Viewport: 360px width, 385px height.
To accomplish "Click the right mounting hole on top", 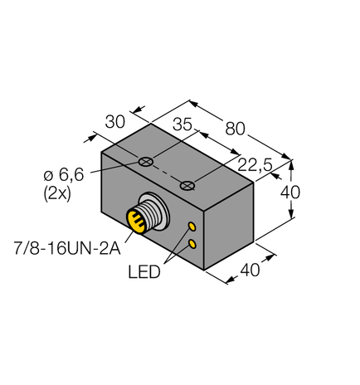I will point(190,183).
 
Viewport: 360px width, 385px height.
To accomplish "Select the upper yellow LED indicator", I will point(192,227).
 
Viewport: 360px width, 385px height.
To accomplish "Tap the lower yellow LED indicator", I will point(192,242).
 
